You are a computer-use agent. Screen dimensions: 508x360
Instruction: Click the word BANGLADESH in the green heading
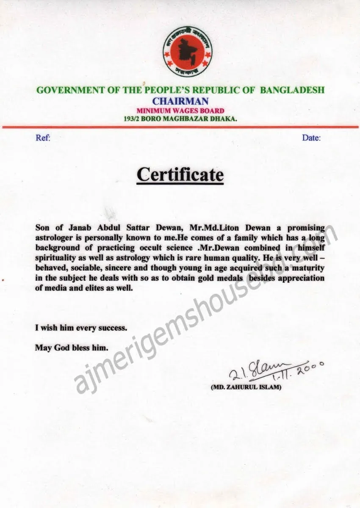[292, 90]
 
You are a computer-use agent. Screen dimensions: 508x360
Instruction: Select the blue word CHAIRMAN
[180, 101]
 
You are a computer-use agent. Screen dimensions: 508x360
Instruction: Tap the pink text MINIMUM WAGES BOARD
[180, 111]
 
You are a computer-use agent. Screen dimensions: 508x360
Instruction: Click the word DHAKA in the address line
[223, 119]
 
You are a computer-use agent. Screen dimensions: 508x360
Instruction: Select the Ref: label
[43, 138]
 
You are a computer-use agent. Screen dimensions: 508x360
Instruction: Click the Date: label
[311, 138]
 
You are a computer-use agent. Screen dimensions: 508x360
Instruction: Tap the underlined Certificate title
[180, 174]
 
